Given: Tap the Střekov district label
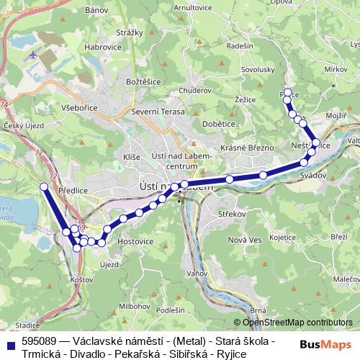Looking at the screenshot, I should (234, 214).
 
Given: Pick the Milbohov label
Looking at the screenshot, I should (135, 286).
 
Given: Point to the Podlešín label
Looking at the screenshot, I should (170, 310).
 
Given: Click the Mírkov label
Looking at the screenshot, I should (336, 68).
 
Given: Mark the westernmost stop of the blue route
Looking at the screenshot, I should (43, 186).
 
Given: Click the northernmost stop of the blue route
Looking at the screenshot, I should (287, 92).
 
